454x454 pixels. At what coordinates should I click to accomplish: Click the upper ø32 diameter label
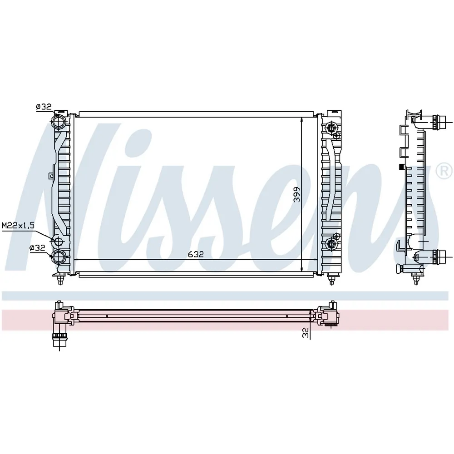pos(44,107)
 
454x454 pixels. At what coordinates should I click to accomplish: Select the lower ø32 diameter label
pos(37,248)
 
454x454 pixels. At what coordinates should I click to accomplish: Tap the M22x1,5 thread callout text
pos(18,225)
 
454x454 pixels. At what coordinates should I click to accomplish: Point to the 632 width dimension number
pos(196,254)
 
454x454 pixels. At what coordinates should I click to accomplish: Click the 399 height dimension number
pos(297,194)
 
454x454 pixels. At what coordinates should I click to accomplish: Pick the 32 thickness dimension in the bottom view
pos(306,333)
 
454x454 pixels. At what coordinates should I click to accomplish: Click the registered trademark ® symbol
pos(444,171)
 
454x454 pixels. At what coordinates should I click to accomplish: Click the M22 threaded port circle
pos(58,241)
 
